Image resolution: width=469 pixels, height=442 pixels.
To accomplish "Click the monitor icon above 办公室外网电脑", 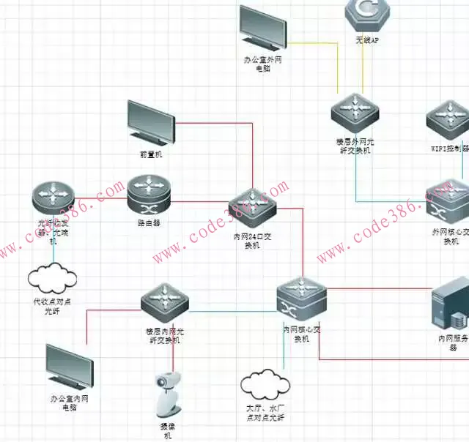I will coord(263,28).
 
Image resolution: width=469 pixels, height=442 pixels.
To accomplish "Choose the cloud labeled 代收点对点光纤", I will coord(52,277).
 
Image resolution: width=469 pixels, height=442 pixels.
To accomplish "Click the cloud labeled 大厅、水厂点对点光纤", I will coord(265,384).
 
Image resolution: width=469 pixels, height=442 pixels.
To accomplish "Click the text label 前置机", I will coord(151,155).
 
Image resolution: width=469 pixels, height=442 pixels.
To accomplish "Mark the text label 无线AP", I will coord(366,41).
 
